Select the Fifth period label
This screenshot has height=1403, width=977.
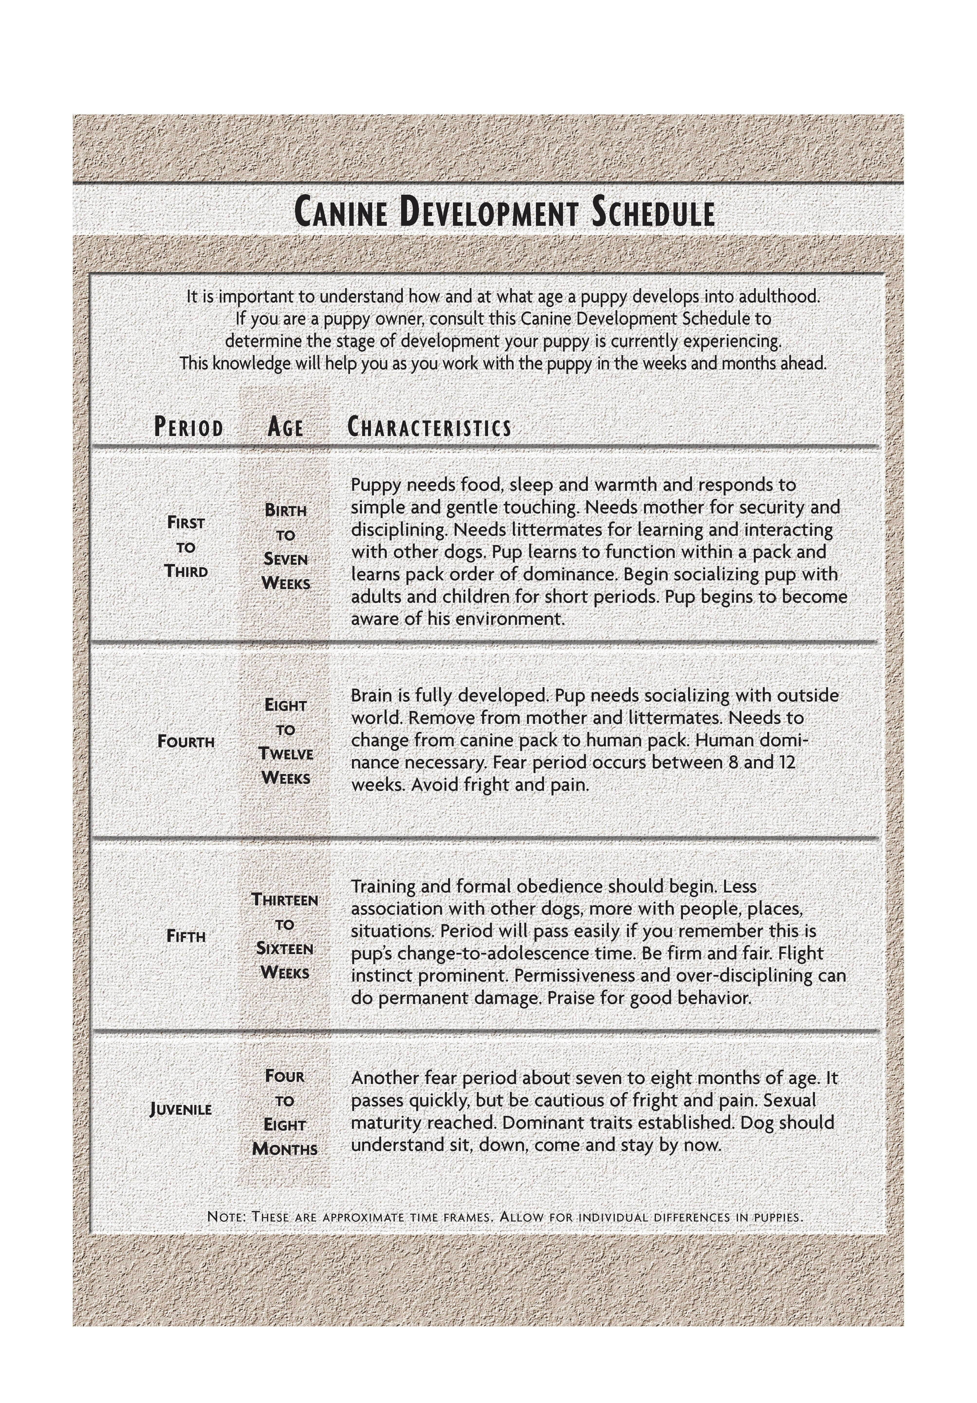click(x=186, y=936)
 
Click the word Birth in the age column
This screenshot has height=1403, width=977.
click(x=286, y=510)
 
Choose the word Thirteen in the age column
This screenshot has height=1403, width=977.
click(x=285, y=900)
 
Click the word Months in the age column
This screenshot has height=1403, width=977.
click(x=285, y=1149)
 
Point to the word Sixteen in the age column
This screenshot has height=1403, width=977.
click(x=285, y=948)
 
